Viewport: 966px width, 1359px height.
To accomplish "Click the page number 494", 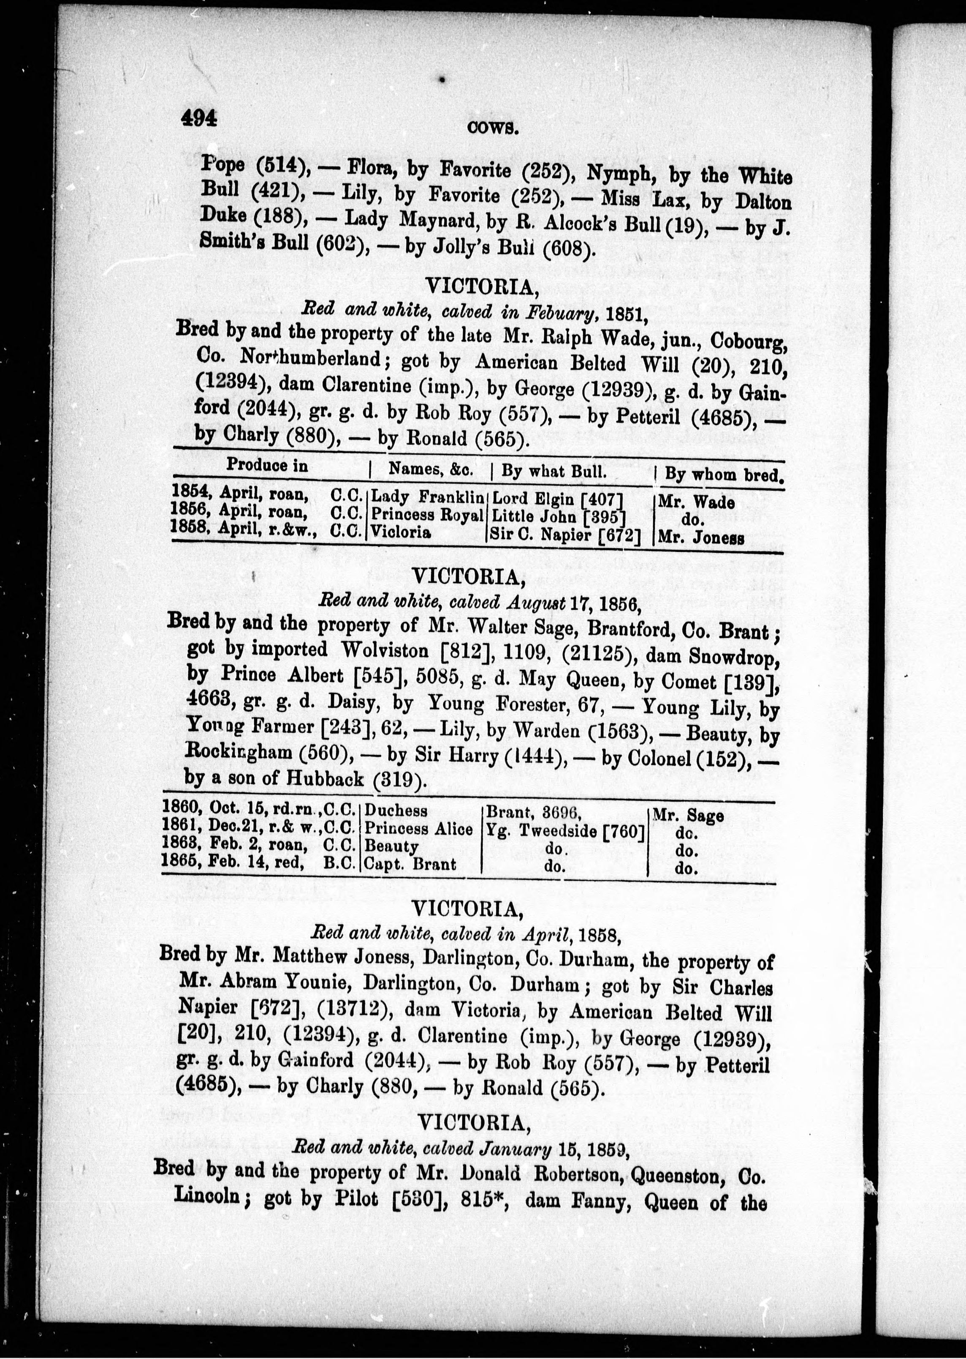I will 199,118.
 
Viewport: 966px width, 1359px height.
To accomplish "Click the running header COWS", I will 493,127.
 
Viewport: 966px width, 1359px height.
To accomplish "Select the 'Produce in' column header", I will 267,466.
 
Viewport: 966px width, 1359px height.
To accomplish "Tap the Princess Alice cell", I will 418,829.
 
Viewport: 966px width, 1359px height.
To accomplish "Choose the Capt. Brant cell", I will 410,864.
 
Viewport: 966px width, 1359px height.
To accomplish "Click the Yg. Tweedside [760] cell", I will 565,831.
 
